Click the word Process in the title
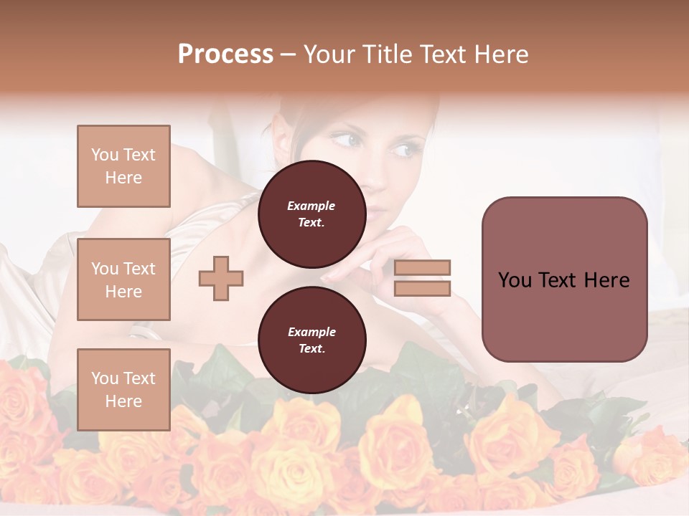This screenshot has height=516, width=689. (x=225, y=54)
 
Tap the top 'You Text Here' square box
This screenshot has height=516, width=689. (x=123, y=166)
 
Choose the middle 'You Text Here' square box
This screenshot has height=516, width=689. (x=123, y=279)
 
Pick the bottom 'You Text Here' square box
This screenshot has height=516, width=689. (x=123, y=390)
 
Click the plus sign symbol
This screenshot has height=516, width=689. (x=221, y=278)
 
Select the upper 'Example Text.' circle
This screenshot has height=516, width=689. (x=311, y=214)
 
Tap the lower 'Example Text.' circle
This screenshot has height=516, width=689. (x=311, y=340)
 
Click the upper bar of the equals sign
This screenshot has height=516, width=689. (x=422, y=268)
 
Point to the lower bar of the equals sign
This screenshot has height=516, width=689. (x=422, y=289)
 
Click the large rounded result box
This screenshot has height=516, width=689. (x=564, y=279)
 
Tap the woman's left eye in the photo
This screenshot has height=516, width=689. (x=405, y=150)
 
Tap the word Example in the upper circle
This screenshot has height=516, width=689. (x=311, y=206)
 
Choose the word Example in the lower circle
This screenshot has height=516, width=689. (x=311, y=332)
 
